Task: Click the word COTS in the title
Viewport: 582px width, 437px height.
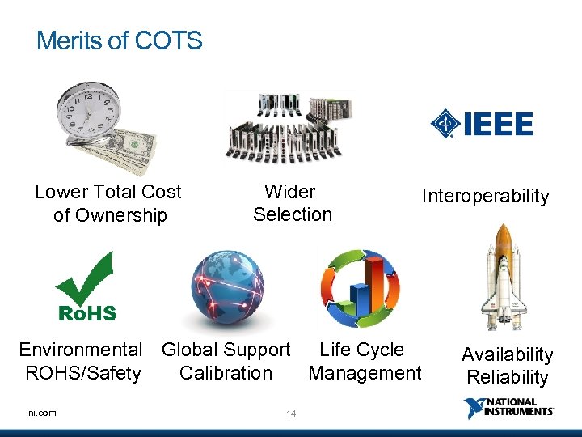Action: coord(170,40)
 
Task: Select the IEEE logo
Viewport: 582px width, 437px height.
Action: coord(482,124)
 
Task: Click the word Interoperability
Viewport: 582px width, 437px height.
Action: coord(485,197)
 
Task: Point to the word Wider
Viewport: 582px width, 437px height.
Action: coord(289,192)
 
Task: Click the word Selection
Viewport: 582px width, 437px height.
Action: coord(293,214)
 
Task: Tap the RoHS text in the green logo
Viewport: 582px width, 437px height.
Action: coord(86,313)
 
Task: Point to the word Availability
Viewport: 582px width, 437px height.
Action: coord(507,354)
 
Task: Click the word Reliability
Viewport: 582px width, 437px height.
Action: coord(507,377)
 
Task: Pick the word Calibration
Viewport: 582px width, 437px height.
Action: coord(226,373)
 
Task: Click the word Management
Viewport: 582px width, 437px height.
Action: coord(365,373)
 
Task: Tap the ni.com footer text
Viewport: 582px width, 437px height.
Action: coord(42,413)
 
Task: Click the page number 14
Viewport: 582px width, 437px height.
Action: coord(291,414)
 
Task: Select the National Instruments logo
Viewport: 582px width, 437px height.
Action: coord(509,408)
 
